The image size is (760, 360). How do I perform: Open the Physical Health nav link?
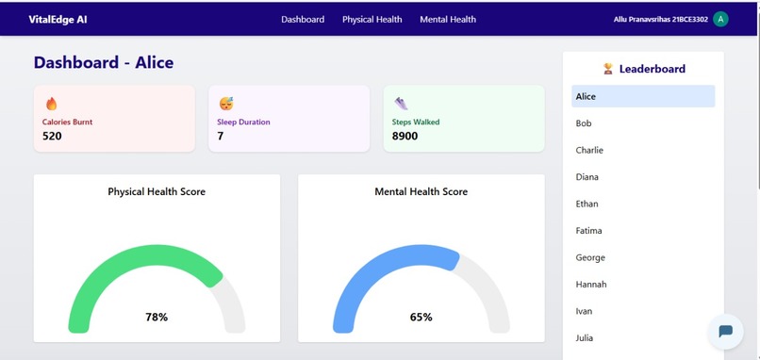point(372,19)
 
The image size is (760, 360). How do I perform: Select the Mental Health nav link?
point(448,19)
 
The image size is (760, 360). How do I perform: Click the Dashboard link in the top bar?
point(303,19)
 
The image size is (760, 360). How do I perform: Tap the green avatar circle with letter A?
point(720,19)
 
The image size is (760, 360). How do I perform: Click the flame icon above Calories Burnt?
point(51,104)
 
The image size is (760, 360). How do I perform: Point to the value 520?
point(52,136)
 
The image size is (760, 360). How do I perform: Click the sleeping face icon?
point(226,104)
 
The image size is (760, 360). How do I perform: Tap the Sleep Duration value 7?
point(221,136)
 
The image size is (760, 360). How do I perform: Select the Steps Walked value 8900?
point(405,136)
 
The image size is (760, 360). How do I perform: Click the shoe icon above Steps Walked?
point(401,104)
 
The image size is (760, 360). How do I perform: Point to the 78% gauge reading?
point(157,318)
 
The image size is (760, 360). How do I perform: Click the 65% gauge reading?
point(421,318)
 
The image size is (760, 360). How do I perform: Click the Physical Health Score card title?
point(157,191)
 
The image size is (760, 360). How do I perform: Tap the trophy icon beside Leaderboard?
point(608,69)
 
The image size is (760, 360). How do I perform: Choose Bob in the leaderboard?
point(584,123)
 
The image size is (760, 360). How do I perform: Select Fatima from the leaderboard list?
point(588,231)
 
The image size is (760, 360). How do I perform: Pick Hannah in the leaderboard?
point(591,285)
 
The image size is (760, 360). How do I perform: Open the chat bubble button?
point(725,331)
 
